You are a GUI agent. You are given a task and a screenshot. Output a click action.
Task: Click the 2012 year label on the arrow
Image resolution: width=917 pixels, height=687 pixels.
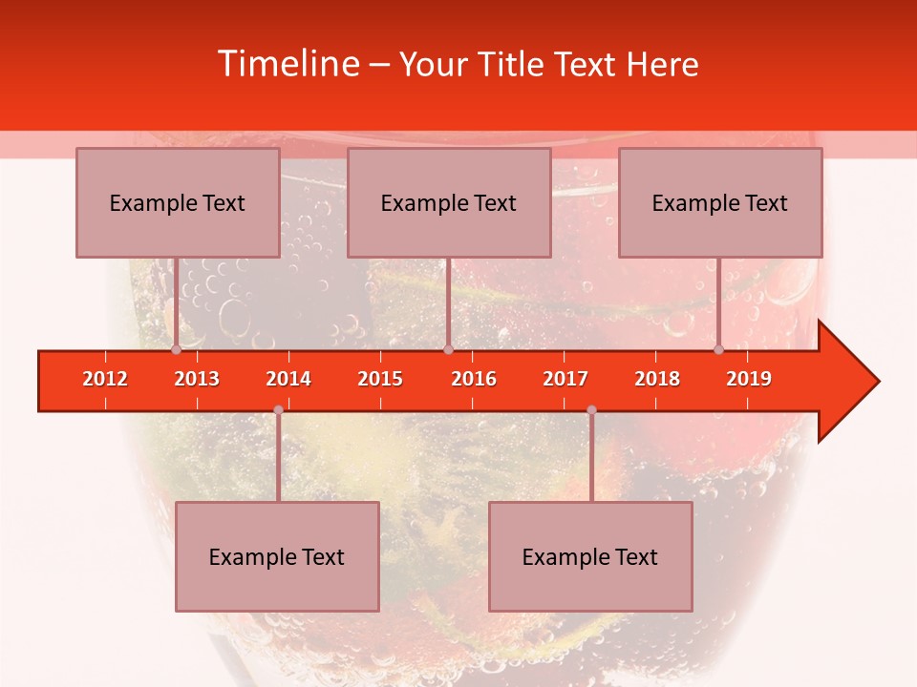[x=105, y=379]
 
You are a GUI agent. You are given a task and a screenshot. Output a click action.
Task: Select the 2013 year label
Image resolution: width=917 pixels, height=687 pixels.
[x=197, y=379]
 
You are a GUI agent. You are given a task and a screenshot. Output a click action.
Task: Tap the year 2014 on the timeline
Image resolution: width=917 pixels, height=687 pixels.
[x=288, y=379]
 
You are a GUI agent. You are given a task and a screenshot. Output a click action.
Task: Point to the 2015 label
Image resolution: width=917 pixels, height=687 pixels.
[x=380, y=379]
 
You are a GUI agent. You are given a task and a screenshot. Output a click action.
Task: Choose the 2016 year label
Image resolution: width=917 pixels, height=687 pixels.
[x=474, y=379]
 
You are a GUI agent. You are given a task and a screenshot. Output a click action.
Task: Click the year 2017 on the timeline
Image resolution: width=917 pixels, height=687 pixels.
[x=565, y=379]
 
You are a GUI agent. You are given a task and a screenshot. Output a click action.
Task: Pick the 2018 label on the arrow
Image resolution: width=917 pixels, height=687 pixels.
[x=657, y=379]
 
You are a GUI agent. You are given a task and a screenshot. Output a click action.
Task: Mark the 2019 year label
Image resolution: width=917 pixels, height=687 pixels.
[x=749, y=379]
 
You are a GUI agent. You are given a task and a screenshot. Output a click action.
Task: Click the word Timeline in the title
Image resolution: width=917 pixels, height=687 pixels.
[x=286, y=64]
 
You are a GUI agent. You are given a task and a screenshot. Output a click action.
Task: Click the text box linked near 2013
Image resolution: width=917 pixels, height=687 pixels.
[x=178, y=202]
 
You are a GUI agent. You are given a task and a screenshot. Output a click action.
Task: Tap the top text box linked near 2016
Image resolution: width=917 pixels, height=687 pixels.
[x=449, y=202]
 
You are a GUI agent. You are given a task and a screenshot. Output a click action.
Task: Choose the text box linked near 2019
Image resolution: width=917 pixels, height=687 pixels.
[x=720, y=202]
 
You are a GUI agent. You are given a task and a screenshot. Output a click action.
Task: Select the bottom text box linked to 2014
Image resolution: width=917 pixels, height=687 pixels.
[x=277, y=556]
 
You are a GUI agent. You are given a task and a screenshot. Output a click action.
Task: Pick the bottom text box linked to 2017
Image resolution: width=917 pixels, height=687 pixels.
[x=590, y=556]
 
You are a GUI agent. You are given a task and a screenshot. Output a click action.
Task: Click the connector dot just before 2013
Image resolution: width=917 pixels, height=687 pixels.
[x=176, y=350]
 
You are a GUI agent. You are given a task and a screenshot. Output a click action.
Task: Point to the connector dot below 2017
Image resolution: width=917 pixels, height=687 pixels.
[x=591, y=410]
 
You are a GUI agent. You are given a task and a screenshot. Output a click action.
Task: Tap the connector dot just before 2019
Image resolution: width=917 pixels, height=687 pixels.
[x=718, y=350]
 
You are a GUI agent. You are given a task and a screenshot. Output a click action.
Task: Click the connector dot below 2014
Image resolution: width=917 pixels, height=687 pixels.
[x=278, y=410]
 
